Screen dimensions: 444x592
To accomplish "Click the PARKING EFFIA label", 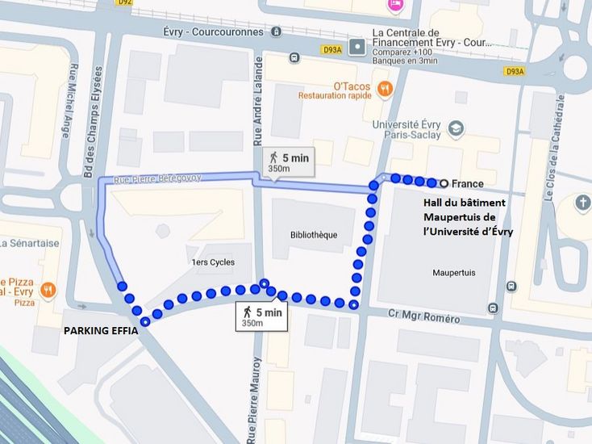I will [x=101, y=331].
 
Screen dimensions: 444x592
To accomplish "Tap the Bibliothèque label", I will [x=314, y=235].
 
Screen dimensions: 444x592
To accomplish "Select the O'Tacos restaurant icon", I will [x=385, y=88].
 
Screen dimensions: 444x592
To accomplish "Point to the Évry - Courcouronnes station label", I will [x=212, y=32].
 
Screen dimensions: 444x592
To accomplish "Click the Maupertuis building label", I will [x=453, y=273].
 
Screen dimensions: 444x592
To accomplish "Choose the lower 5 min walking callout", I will [x=261, y=316].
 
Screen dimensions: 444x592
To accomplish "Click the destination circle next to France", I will [x=444, y=183].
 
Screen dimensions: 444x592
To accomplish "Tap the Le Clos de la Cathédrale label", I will [x=554, y=145].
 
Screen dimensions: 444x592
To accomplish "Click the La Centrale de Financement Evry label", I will [x=430, y=38].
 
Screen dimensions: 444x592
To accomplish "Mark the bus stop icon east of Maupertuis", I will [x=511, y=286].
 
